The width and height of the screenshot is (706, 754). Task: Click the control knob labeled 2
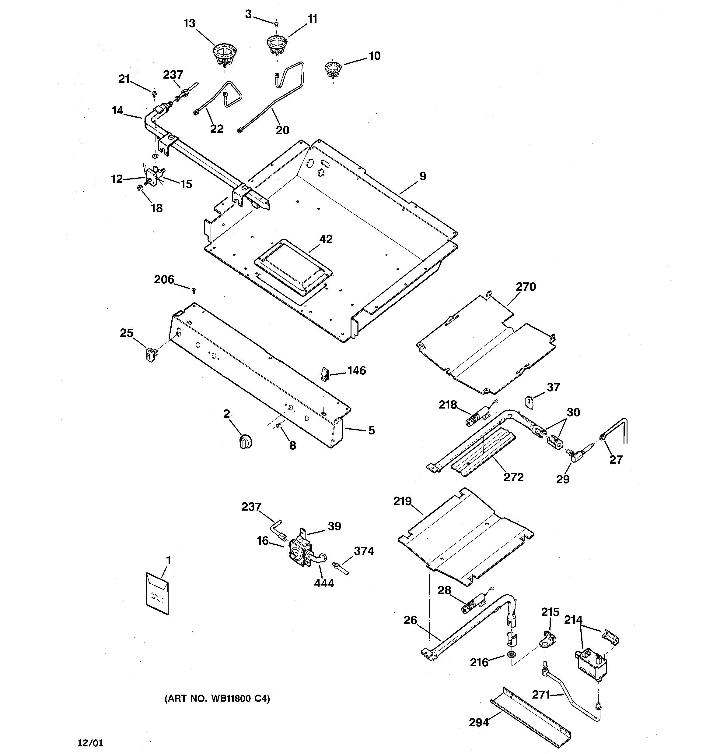click(x=246, y=442)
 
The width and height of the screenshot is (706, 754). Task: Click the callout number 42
click(x=326, y=239)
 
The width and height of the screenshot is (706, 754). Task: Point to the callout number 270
click(x=526, y=287)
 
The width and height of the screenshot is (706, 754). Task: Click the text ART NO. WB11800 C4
click(x=217, y=699)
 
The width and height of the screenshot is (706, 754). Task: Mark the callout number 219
click(x=402, y=501)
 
